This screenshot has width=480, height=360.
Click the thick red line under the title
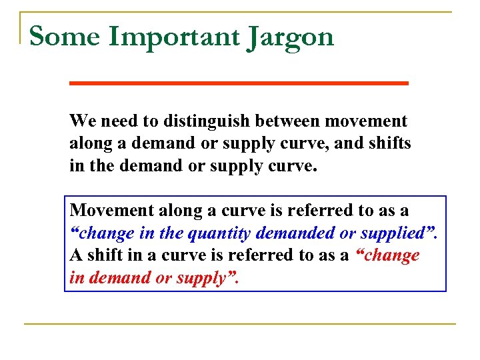click(239, 83)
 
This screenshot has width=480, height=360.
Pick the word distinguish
click(199, 122)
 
